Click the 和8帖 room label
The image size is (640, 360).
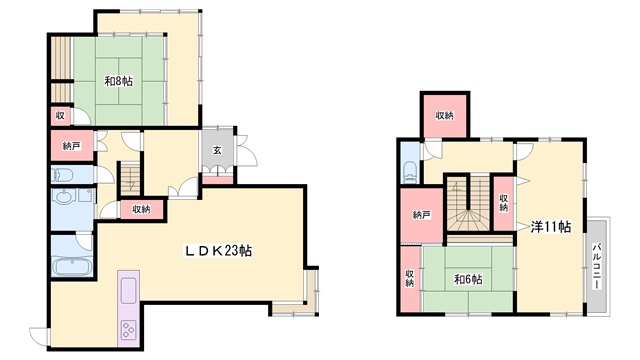118,81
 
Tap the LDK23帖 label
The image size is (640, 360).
218,251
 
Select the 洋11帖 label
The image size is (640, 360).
551,227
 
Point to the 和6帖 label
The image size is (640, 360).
468,280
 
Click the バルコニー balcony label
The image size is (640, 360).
597,266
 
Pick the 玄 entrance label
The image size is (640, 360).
217,150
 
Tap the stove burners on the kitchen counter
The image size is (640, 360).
129,330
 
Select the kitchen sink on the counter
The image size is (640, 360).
129,290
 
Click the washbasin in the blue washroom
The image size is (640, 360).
64,198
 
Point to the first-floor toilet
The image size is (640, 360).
62,175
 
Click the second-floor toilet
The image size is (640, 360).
409,173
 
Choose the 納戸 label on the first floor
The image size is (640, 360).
72,146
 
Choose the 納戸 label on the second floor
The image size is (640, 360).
422,215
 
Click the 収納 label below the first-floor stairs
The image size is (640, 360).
141,209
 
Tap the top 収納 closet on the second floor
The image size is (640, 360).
444,116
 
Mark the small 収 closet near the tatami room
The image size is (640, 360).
60,116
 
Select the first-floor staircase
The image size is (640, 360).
130,179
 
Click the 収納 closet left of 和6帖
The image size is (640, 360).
410,278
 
